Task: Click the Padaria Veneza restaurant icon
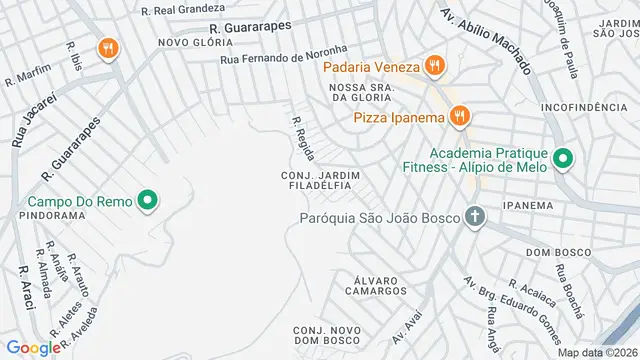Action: [x=433, y=67]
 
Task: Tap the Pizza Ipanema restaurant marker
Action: [x=459, y=117]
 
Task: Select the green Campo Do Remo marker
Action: [x=149, y=201]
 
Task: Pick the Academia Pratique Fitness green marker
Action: [x=563, y=158]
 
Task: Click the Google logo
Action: [x=33, y=348]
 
